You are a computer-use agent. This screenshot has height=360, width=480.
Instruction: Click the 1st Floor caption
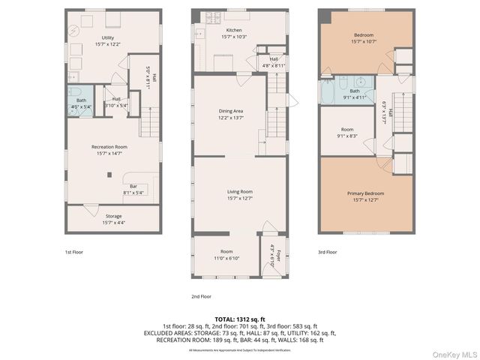click(73, 252)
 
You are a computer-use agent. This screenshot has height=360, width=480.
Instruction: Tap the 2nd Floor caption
click(200, 295)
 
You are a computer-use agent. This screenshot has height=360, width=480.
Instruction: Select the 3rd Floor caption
click(328, 252)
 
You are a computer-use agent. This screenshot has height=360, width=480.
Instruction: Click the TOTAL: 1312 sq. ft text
click(239, 319)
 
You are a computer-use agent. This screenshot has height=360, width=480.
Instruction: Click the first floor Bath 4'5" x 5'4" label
click(81, 103)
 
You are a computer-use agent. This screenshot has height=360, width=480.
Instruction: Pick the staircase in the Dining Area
click(274, 120)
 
